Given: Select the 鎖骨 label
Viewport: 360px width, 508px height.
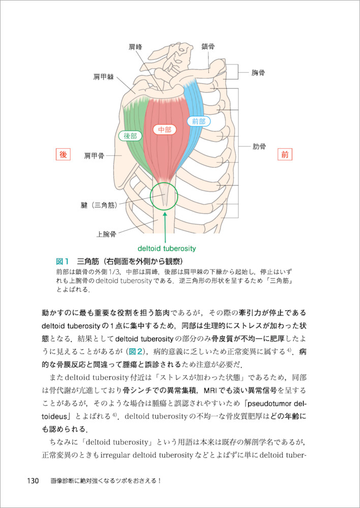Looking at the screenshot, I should [x=207, y=46].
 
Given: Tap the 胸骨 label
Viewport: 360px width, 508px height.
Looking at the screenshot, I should [x=258, y=73].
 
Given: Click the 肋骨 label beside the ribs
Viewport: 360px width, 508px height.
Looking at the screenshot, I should [x=259, y=148].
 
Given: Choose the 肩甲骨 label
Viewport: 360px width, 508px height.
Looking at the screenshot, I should [x=95, y=156].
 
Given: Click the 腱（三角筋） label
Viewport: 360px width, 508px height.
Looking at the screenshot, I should [x=99, y=205].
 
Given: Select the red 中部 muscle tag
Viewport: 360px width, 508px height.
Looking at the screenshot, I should [x=165, y=130].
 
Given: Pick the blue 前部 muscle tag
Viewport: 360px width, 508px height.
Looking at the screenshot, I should [x=198, y=121].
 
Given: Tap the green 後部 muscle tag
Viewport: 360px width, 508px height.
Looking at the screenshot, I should [x=131, y=136].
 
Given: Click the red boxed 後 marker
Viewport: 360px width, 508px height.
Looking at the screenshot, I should [x=64, y=155].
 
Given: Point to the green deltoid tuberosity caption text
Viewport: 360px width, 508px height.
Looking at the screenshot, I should [x=167, y=249].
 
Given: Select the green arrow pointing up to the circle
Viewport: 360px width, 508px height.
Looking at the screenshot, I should [x=166, y=226].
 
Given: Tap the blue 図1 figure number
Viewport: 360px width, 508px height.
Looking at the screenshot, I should [x=62, y=262].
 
